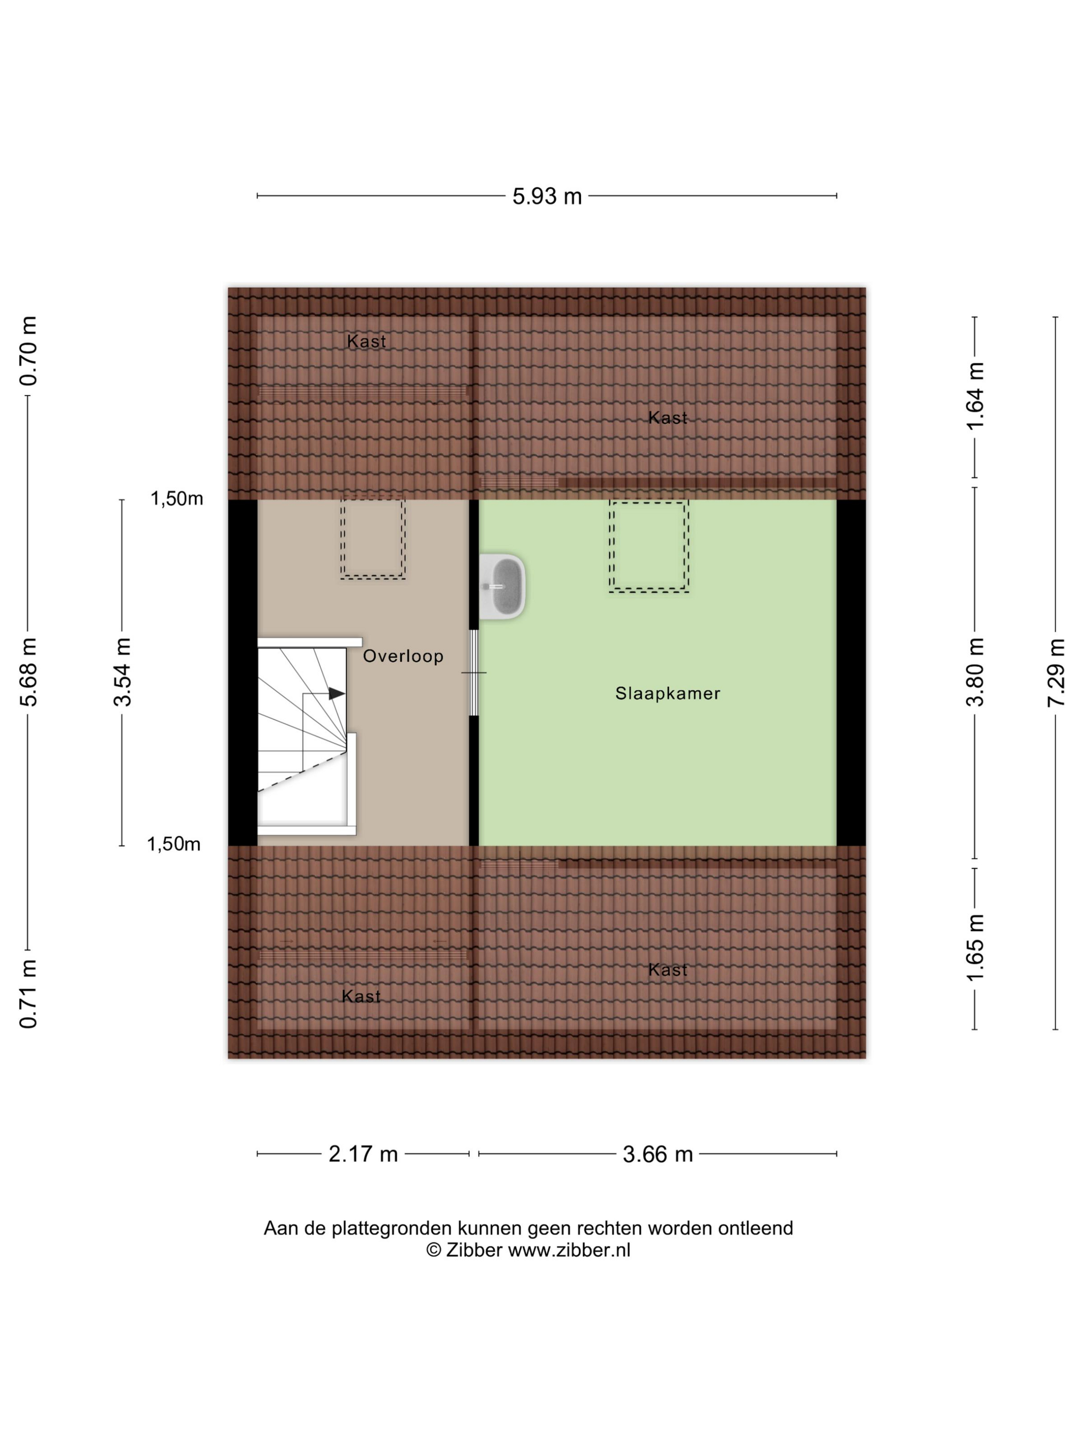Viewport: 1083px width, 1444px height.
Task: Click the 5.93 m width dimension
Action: point(546,196)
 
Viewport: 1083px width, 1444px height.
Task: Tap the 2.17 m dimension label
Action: point(363,1154)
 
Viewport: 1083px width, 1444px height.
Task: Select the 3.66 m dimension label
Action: point(658,1154)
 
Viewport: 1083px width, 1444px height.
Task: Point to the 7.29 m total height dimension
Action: point(1056,673)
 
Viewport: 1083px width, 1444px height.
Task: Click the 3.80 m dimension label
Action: point(975,672)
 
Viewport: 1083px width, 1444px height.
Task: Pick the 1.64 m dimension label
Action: point(975,396)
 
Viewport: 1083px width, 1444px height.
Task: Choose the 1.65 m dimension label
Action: point(975,947)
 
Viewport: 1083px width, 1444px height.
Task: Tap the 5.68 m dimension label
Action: point(28,672)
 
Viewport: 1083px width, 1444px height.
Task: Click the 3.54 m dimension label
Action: point(122,672)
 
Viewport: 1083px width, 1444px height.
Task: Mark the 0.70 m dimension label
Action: point(28,351)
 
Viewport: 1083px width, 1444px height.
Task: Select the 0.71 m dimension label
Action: point(28,994)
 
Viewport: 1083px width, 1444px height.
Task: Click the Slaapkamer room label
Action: point(667,693)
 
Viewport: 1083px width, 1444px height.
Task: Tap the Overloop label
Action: point(403,656)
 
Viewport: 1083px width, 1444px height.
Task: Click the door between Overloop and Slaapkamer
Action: point(474,672)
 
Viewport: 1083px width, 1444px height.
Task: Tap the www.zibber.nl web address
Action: point(569,1250)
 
